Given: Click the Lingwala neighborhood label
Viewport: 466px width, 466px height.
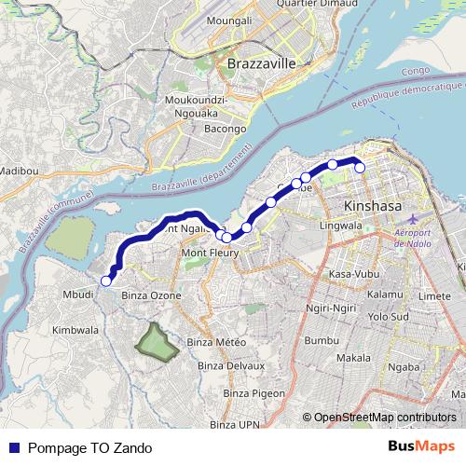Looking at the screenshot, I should (x=340, y=226).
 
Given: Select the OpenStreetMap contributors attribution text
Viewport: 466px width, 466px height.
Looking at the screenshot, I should (x=384, y=417).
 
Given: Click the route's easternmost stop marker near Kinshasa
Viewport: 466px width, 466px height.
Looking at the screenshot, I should (x=360, y=168).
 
